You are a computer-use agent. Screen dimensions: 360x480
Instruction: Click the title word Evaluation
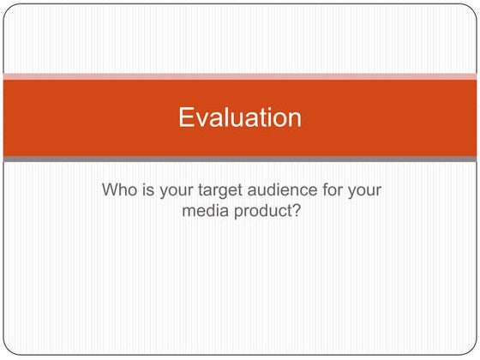tap(240, 117)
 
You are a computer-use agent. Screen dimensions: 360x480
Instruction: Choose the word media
tap(202, 211)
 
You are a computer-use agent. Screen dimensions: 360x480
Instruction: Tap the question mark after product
tap(297, 211)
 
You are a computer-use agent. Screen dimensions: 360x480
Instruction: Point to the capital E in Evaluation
tap(186, 117)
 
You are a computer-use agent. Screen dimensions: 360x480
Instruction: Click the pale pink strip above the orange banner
tap(240, 76)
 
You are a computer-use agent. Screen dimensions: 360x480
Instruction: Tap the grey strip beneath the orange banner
tap(240, 159)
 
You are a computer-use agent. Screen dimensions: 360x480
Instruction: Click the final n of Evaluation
tap(294, 117)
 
